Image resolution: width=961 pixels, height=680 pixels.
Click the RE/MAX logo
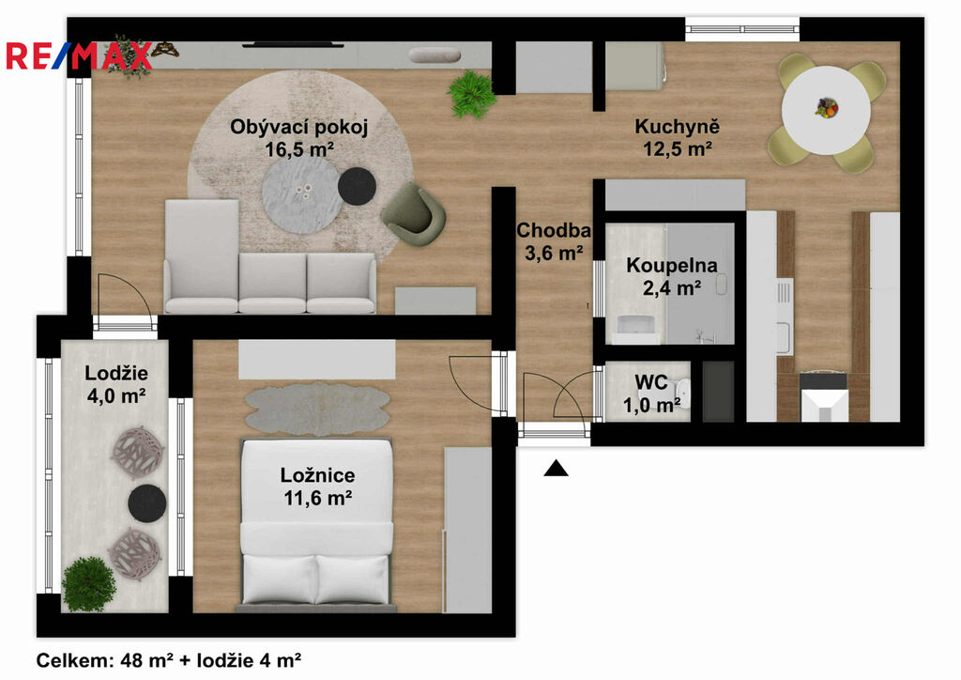pos(79,55)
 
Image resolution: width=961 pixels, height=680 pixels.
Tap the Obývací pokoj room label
pos(298,127)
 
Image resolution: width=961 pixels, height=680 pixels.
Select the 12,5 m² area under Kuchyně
pos(677,148)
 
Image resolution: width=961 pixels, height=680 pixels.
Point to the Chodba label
pos(554,230)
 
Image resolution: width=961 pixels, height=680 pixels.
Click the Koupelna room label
pos(672,266)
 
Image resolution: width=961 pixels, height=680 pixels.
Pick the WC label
pos(651,382)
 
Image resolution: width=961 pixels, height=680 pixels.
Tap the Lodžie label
pos(115,373)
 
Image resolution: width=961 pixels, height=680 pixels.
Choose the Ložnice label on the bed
pos(317,474)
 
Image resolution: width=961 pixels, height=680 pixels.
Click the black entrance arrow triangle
pos(556,468)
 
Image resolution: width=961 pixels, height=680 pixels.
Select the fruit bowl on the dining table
pos(826,108)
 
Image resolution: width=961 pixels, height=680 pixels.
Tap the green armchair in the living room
pos(413,214)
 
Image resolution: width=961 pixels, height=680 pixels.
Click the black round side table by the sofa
pos(357,186)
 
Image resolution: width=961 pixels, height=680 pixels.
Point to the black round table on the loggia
pos(147,503)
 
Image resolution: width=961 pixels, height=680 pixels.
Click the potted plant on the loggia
pos(89,584)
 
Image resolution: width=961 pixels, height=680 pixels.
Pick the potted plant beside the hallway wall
pos(471,94)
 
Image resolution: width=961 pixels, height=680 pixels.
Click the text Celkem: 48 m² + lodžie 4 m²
pos(169,660)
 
